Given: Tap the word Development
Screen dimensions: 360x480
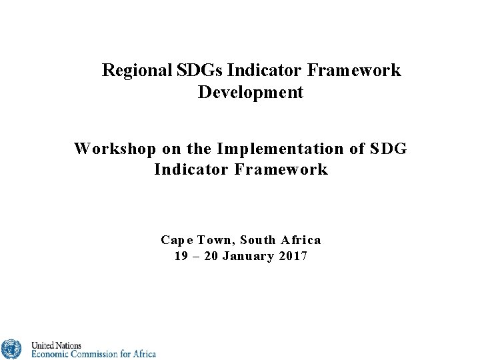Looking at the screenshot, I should click(251, 92).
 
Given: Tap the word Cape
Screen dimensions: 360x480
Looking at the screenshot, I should click(175, 240).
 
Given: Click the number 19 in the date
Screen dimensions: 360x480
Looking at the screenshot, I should click(181, 257).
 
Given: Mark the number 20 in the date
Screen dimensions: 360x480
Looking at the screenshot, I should click(211, 257).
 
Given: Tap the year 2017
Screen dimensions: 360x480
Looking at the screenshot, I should click(294, 257).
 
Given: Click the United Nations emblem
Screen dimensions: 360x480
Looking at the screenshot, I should click(11, 349).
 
